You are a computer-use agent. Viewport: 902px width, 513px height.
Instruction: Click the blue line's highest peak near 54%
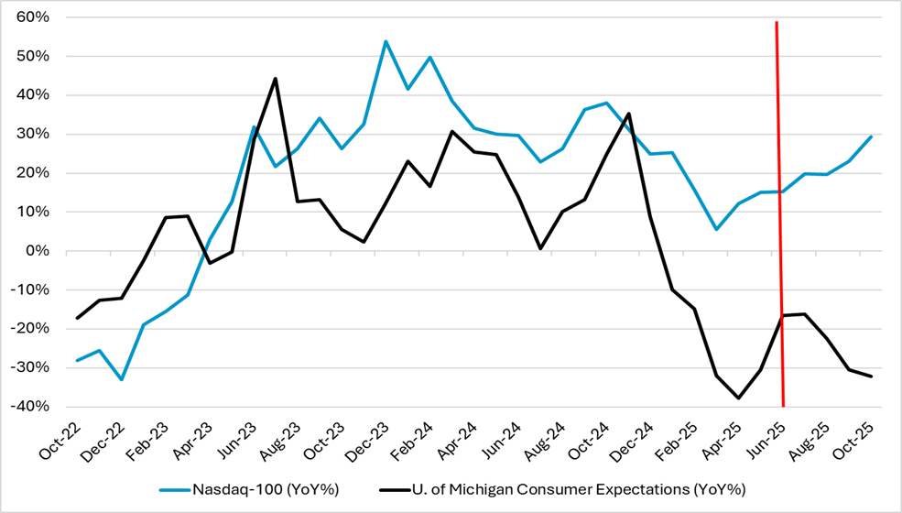coord(386,41)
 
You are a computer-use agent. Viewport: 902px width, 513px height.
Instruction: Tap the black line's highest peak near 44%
coord(275,79)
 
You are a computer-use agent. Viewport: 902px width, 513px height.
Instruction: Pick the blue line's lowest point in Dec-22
coord(122,379)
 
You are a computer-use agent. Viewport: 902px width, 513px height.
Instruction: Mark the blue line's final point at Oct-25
coord(870,136)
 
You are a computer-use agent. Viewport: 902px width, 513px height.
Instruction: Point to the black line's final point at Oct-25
coord(870,377)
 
